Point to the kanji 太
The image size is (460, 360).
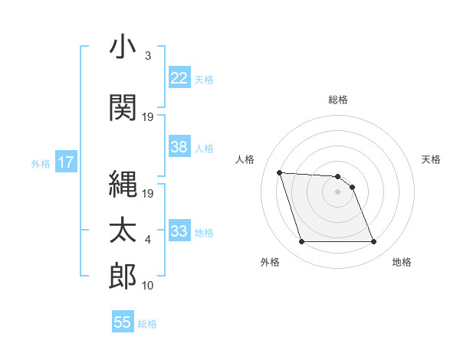tap(123, 230)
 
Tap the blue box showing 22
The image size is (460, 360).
tap(179, 77)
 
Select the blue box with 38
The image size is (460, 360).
tap(179, 147)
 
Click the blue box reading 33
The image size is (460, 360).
tap(179, 231)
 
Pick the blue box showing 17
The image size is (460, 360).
tap(65, 162)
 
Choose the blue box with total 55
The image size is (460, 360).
tap(123, 322)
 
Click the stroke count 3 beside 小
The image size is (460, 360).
tap(147, 56)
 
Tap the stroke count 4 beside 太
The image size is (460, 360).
tap(147, 240)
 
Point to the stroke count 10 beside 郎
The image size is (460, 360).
tap(149, 286)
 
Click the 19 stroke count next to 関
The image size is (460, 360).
tap(149, 117)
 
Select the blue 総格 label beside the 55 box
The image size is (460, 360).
tap(147, 324)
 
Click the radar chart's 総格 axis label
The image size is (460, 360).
tap(337, 100)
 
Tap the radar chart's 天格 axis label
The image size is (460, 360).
tap(432, 159)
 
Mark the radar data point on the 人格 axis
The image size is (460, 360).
tap(279, 172)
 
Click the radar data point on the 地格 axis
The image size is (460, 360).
tap(373, 242)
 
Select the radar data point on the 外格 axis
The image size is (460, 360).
tap(301, 242)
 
